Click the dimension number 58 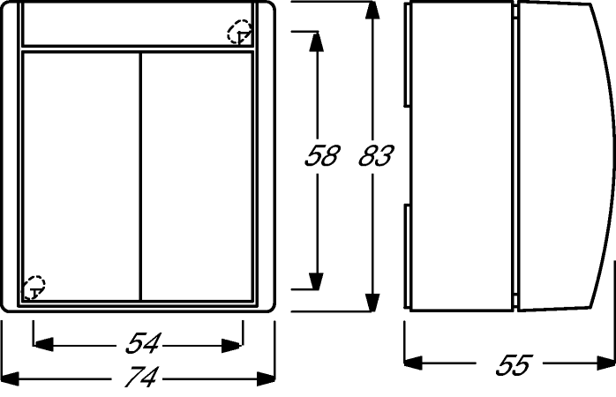321,155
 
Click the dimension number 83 376,155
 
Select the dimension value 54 143,343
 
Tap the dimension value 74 141,377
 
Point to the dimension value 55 514,365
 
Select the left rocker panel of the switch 81,176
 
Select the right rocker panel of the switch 197,176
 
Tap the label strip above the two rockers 138,25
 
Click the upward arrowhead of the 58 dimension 316,41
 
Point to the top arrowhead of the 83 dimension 372,11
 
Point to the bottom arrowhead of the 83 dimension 372,303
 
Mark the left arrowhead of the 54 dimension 43,344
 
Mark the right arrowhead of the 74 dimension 266,378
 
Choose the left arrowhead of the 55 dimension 413,363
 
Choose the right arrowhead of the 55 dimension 605,363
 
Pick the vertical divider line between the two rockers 140,176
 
